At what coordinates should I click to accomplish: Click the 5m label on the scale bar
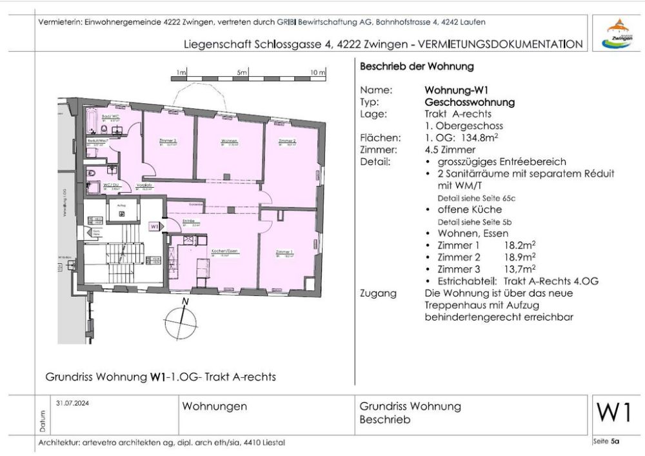pos(242,73)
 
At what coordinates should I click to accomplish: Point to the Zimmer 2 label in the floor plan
pos(287,141)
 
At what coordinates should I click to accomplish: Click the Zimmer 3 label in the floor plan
pos(168,141)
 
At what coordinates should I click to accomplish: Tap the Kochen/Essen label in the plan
pos(222,252)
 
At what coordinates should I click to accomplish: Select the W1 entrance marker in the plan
pos(154,227)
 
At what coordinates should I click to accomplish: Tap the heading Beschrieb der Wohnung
pos(417,66)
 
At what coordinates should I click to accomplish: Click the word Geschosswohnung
pos(470,102)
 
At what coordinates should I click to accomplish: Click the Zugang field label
pos(378,293)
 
